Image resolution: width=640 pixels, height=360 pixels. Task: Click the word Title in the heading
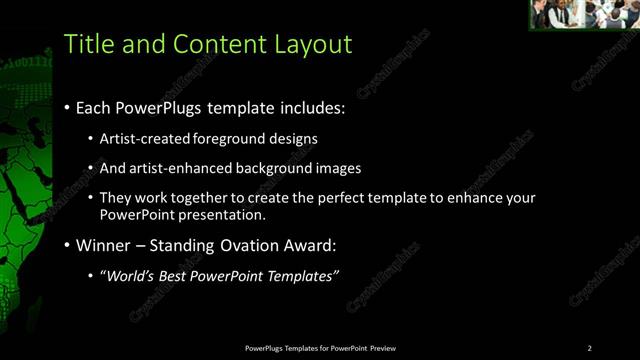[87, 44]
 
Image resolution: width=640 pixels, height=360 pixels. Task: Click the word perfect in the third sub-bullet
[340, 198]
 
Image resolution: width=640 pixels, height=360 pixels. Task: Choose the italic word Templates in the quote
[301, 275]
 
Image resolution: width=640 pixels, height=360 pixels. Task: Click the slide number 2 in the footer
[589, 348]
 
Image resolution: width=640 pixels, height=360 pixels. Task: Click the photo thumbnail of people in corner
[584, 14]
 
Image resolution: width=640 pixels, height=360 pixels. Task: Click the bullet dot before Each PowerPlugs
[66, 108]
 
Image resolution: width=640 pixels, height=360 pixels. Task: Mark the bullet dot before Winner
[66, 246]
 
